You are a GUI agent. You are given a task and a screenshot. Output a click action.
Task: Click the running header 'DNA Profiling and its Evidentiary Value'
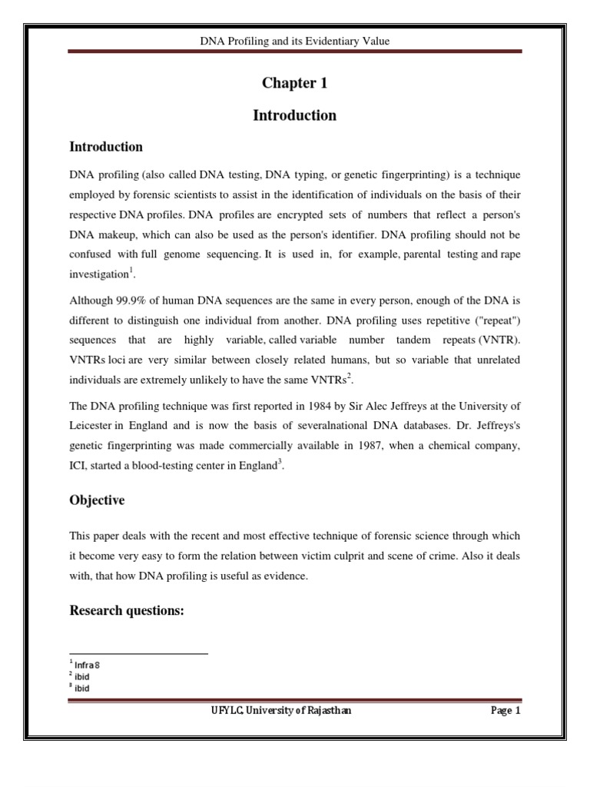pyautogui.click(x=294, y=41)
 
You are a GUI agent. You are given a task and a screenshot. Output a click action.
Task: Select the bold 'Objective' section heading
pyautogui.click(x=97, y=500)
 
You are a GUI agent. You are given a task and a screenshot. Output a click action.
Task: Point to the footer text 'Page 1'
pyautogui.click(x=505, y=711)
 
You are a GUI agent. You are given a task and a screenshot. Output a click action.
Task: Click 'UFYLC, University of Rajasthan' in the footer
pyautogui.click(x=281, y=711)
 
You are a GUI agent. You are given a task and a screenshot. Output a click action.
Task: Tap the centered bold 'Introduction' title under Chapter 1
pyautogui.click(x=294, y=116)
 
